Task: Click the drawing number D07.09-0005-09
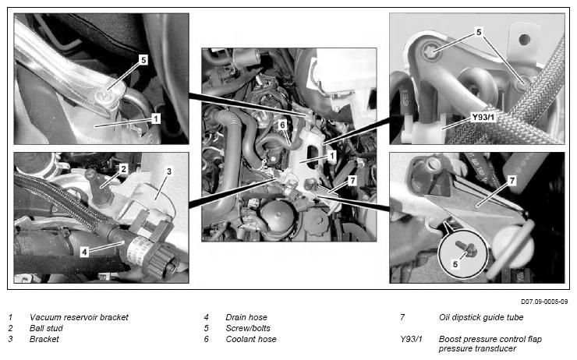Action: coord(544,302)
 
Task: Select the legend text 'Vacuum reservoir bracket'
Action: coord(79,317)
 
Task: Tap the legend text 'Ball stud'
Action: coord(46,328)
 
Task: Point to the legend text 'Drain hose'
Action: coord(246,317)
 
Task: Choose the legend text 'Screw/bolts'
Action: coord(248,328)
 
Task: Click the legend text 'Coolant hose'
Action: coord(250,339)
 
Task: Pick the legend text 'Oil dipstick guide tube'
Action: coord(481,317)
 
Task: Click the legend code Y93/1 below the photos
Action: coord(411,339)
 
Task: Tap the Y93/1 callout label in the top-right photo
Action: coord(483,118)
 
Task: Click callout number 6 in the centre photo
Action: coord(282,125)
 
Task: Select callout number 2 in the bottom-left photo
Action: coord(124,169)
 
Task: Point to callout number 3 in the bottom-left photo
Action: coord(169,171)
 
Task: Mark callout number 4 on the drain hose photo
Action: coord(85,252)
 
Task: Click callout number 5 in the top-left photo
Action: coord(143,59)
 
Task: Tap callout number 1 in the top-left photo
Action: coord(156,118)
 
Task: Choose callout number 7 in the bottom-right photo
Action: coord(512,181)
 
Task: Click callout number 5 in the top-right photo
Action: coord(479,33)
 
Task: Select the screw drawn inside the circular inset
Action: coord(466,249)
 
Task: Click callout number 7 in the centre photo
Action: coord(352,181)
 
